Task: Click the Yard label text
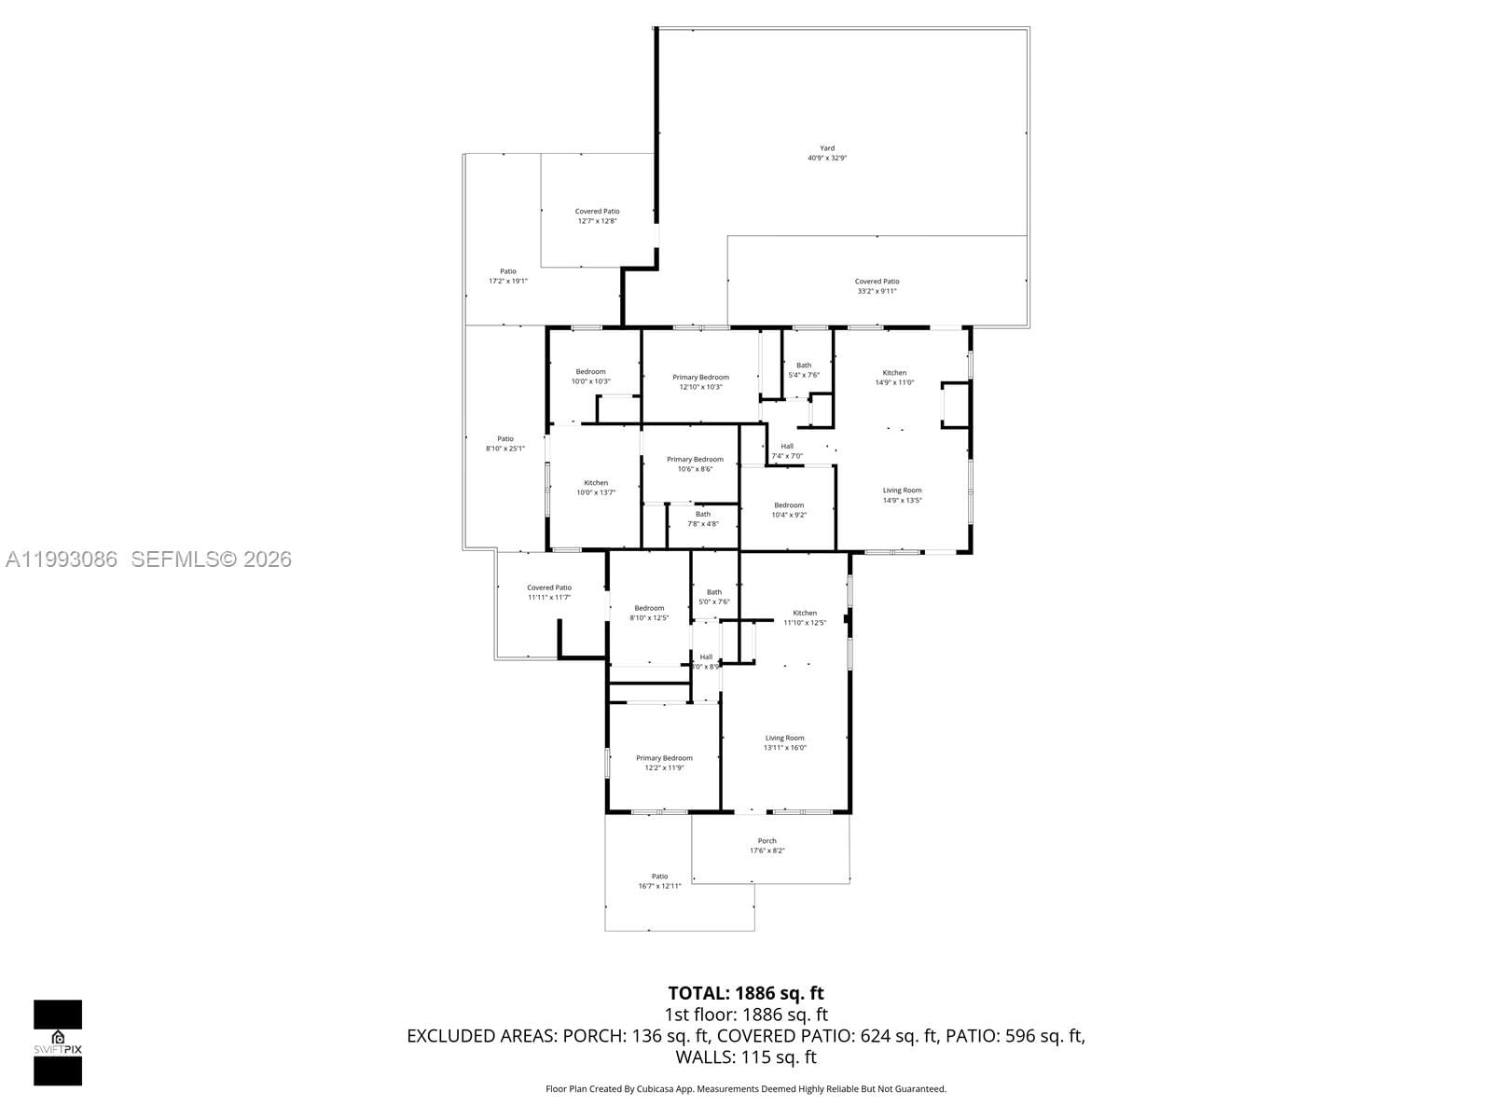click(x=826, y=153)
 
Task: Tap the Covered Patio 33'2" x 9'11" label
click(x=877, y=286)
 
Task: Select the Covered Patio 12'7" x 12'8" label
click(x=597, y=216)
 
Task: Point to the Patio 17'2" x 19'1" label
click(x=507, y=276)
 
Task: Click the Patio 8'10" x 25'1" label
click(x=504, y=444)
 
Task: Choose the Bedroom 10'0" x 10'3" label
click(x=590, y=377)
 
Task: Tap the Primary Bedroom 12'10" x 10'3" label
click(x=700, y=382)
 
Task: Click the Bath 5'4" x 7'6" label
click(x=803, y=370)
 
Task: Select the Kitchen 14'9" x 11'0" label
click(x=894, y=378)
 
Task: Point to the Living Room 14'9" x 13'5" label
click(x=902, y=495)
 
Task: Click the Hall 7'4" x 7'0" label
click(x=787, y=451)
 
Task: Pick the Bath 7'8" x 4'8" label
click(x=702, y=518)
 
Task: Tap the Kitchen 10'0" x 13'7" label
click(x=596, y=488)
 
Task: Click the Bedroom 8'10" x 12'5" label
click(x=649, y=613)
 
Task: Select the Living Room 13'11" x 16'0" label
click(x=784, y=742)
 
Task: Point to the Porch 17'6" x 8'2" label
click(x=767, y=846)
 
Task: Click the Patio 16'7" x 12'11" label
click(x=659, y=881)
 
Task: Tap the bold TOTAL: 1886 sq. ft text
click(x=745, y=993)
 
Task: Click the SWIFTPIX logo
click(x=58, y=1043)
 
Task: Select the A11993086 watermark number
click(x=62, y=559)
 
